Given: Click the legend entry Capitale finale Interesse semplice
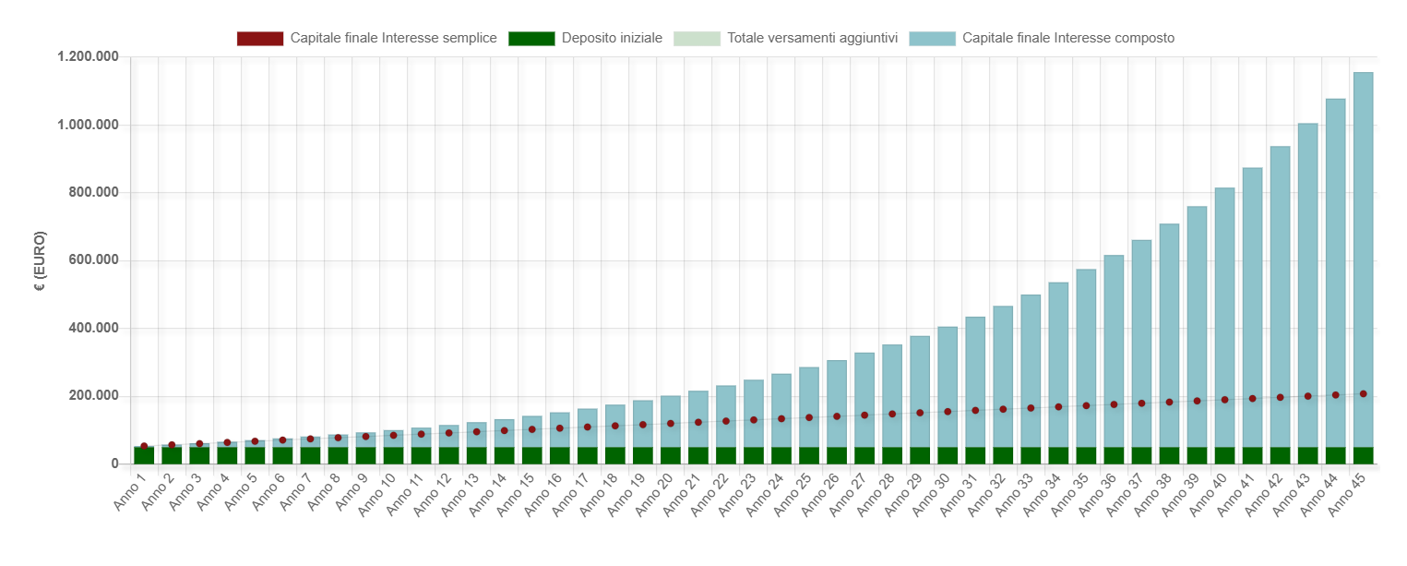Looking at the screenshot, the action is [x=367, y=39].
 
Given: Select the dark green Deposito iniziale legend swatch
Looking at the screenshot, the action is [x=531, y=39].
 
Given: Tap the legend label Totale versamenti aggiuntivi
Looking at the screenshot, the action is [x=812, y=39].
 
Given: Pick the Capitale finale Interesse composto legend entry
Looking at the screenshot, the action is [x=1042, y=39].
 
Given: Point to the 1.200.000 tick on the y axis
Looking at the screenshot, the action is [x=88, y=56].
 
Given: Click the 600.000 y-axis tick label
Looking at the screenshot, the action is [x=93, y=259].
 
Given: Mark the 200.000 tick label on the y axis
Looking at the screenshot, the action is [x=93, y=395].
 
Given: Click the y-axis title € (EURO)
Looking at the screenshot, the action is [x=40, y=261].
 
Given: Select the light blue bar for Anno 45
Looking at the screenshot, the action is [x=1363, y=259].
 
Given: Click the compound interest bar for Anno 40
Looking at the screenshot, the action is [x=1225, y=318].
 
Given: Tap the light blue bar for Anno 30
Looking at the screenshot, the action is [x=948, y=387].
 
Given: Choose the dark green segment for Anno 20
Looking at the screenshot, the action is [x=670, y=455].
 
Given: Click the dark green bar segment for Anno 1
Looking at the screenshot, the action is [x=144, y=455].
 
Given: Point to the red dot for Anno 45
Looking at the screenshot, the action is [x=1363, y=393].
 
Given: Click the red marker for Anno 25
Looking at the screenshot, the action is [x=809, y=417].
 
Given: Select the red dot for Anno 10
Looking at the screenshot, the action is [x=393, y=435].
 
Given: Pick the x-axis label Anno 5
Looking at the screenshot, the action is [x=241, y=492].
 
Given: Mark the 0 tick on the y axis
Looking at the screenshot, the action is [x=115, y=464].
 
